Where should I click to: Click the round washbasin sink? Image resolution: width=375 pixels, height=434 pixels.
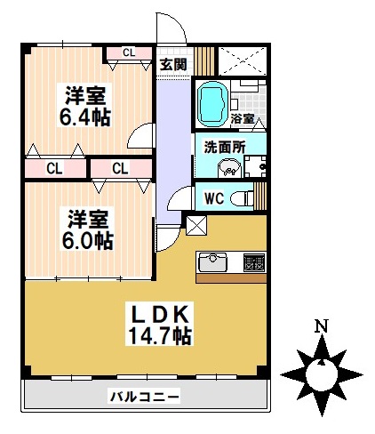[230, 168]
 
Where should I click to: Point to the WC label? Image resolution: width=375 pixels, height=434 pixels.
[214, 198]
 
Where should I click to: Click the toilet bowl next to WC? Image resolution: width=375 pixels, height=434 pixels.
[241, 198]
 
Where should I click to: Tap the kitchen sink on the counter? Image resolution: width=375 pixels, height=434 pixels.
[214, 262]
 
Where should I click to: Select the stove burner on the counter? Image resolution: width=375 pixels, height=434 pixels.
[254, 263]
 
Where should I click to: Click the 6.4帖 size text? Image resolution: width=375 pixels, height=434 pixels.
[86, 117]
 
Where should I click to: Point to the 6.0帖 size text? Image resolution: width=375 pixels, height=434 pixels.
[86, 240]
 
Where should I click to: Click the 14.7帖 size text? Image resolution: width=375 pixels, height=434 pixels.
[159, 335]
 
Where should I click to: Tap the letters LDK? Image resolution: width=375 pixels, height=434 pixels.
[159, 314]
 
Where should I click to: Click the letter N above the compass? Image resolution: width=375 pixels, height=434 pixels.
[321, 326]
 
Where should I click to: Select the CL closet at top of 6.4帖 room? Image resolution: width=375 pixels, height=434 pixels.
[129, 52]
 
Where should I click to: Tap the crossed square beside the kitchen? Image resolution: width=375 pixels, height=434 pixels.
[195, 224]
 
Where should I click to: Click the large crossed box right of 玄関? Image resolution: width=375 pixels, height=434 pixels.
[243, 60]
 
